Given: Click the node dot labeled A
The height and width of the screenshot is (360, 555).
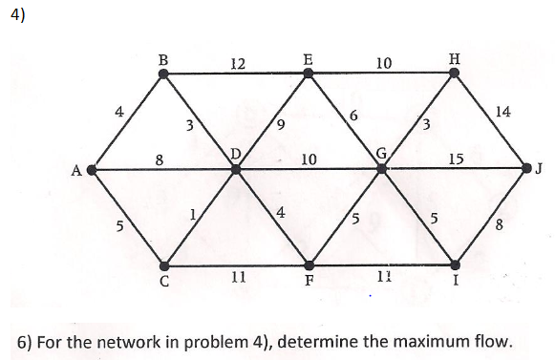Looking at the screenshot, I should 92,170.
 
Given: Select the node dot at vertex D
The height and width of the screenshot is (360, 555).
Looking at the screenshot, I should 236,169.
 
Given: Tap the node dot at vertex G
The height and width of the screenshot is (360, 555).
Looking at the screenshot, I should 381,169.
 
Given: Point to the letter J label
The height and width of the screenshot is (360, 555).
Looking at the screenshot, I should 539,170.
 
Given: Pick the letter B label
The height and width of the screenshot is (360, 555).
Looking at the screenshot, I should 164,58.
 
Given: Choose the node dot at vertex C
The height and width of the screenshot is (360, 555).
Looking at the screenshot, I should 165,265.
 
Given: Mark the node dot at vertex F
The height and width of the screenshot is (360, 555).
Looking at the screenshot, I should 310,265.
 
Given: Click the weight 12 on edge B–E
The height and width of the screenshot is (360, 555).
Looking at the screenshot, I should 238,64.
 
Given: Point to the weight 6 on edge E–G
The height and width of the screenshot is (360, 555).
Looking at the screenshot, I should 353,115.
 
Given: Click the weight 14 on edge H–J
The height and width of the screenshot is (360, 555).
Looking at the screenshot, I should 502,111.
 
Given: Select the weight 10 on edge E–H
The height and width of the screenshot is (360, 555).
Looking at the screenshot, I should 383,64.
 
